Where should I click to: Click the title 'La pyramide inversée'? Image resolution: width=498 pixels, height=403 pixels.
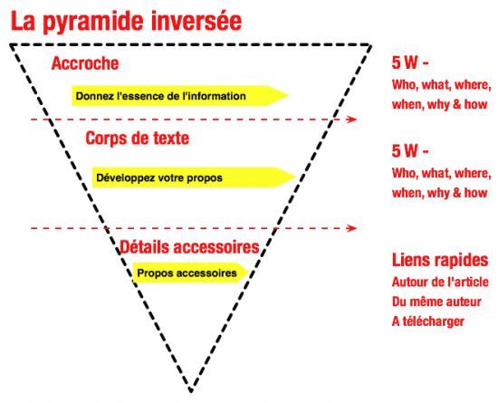point(127,22)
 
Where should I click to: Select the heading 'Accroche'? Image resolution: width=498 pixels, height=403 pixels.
point(85,63)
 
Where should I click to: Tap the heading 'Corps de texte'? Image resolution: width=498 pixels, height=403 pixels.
point(138,139)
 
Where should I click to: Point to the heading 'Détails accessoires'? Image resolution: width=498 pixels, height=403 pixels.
point(189,246)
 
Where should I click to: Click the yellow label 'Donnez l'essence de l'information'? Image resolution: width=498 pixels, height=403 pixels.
point(160,96)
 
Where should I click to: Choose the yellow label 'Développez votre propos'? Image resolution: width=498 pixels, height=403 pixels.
point(159,178)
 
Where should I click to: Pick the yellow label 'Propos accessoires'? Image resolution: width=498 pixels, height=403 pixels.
point(187,273)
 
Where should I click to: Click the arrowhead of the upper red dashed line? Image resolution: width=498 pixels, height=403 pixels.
point(353,120)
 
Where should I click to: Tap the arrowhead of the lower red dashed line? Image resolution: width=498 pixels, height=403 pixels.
point(353,228)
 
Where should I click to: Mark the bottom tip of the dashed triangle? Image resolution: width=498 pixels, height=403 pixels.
point(191,390)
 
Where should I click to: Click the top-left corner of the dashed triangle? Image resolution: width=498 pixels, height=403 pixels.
point(11,45)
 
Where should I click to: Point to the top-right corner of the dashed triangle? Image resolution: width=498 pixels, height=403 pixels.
point(370,45)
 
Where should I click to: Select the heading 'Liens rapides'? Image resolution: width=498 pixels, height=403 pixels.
point(440,260)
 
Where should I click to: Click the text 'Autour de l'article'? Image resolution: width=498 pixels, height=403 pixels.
point(440,282)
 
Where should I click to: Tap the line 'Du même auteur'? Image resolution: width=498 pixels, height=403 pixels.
point(436,302)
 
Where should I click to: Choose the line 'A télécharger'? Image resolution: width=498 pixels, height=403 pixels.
point(428,321)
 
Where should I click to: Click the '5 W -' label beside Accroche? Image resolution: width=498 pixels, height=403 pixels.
point(410,62)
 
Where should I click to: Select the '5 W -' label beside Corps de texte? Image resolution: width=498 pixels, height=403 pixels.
point(410,151)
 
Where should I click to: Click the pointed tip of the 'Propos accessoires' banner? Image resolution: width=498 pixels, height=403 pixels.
point(248,273)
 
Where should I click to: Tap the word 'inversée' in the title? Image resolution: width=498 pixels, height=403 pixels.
point(196,22)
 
